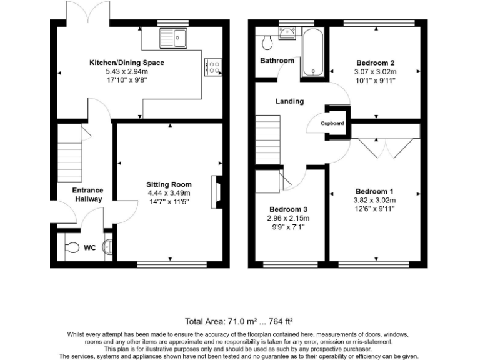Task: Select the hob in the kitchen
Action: tap(212, 67)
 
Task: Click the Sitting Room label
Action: tap(169, 184)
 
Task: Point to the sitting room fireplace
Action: tap(216, 191)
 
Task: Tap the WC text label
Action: tap(90, 247)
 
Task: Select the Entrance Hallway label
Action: tap(87, 194)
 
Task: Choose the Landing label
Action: tap(290, 101)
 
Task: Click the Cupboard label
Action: tap(332, 123)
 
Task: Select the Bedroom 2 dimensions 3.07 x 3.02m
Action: tap(376, 72)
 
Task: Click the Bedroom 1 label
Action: tap(375, 191)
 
